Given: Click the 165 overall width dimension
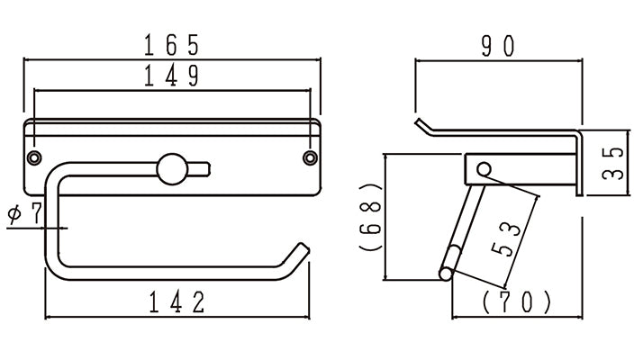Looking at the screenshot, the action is tap(171, 45).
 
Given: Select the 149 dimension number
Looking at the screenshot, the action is tap(171, 75).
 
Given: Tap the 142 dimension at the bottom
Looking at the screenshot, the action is tap(177, 302).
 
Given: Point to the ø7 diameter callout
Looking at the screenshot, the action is tap(24, 213).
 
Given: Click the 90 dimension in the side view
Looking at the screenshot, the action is tap(497, 46).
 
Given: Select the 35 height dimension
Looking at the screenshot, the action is tap(613, 163).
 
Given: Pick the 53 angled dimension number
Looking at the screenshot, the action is tap(505, 239).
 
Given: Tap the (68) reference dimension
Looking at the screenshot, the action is tap(371, 217).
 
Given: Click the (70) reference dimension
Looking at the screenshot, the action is tap(517, 302).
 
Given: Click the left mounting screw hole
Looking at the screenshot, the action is tap(34, 157).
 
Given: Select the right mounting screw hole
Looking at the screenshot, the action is tap(310, 157).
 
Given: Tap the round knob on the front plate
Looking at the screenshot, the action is tap(172, 169).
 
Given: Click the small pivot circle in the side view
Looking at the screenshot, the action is tap(484, 168).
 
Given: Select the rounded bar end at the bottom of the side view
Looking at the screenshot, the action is tap(446, 274).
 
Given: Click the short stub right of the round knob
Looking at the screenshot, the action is tap(199, 169).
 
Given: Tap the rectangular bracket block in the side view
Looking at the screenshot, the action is tap(521, 169).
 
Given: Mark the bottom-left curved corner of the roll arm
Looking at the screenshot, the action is tap(55, 268).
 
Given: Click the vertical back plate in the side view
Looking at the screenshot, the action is tap(579, 163).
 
